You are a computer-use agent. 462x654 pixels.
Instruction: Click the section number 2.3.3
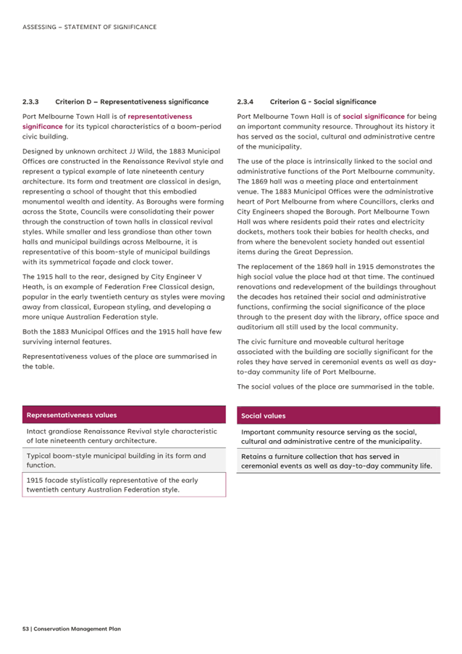pos(32,102)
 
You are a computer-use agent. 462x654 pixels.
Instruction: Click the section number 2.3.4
pos(246,102)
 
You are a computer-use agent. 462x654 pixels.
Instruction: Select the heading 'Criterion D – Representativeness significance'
pos(132,102)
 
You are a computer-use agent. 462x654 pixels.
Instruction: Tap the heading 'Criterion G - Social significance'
pos(323,102)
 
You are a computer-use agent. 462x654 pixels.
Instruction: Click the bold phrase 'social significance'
pos(374,116)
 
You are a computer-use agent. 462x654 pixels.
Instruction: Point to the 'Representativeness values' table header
pos(71,415)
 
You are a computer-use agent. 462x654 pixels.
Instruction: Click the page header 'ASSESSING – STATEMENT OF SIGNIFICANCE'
pos(89,27)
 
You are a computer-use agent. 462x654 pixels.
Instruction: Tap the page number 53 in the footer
pos(26,629)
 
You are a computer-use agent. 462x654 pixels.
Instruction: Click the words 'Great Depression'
pos(323,252)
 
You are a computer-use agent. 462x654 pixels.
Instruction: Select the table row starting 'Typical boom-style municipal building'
pos(124,460)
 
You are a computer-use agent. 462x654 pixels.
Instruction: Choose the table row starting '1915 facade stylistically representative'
pos(124,485)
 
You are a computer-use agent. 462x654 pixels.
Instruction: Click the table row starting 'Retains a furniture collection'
pos(338,461)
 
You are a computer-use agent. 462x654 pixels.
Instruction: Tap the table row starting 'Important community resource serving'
pos(338,436)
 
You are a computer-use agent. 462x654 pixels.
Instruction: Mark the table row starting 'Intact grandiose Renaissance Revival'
pos(124,436)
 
